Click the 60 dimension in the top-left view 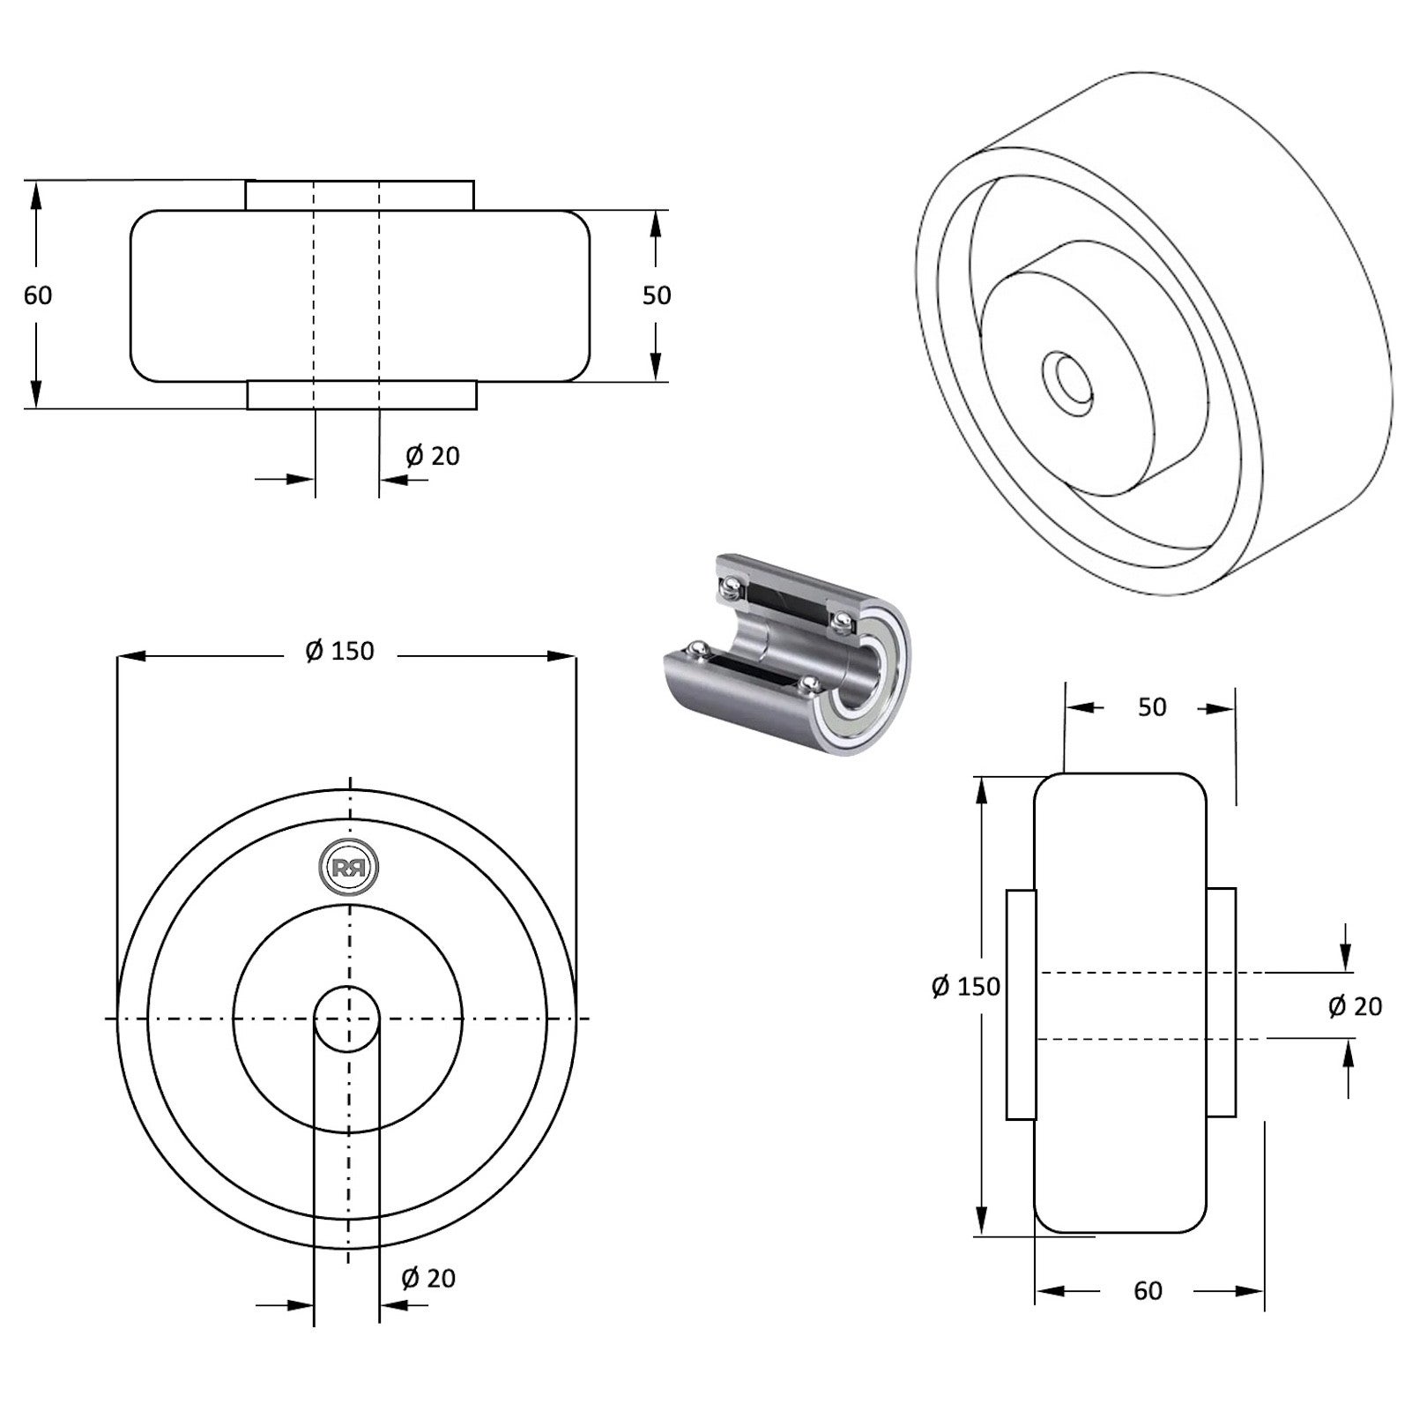pos(38,295)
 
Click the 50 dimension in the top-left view pos(657,295)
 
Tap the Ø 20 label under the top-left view pos(433,456)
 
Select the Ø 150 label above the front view pos(340,651)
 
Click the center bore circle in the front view pos(348,1019)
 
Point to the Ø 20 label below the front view pos(428,1278)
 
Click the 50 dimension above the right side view pos(1152,707)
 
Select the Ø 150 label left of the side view pos(966,986)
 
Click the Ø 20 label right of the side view pos(1356,1006)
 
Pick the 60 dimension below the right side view pos(1148,1291)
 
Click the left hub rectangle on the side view pos(1021,1004)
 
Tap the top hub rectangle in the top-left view pos(360,195)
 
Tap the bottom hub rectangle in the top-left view pos(361,396)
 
